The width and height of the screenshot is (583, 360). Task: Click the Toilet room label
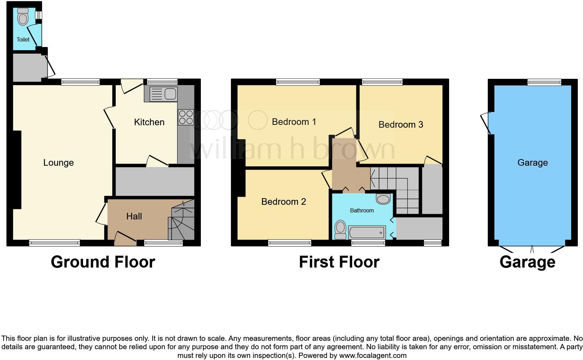pyautogui.click(x=23, y=39)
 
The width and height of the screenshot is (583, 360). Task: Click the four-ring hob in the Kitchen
pyautogui.click(x=186, y=117)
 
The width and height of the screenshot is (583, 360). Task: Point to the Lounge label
pyautogui.click(x=58, y=163)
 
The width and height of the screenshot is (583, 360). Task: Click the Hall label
pyautogui.click(x=134, y=216)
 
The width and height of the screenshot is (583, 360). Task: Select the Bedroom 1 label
pyautogui.click(x=294, y=122)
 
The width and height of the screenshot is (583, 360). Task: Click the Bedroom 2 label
pyautogui.click(x=283, y=202)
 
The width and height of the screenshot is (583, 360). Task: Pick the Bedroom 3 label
pyautogui.click(x=401, y=125)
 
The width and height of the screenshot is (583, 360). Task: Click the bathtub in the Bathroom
pyautogui.click(x=366, y=232)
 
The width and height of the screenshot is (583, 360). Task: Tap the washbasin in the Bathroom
pyautogui.click(x=383, y=199)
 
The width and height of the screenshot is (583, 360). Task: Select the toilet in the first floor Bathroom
pyautogui.click(x=340, y=230)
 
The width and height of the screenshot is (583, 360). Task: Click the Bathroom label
pyautogui.click(x=362, y=210)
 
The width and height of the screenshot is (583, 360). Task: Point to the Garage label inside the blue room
pyautogui.click(x=532, y=163)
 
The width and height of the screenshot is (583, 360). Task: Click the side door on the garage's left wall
pyautogui.click(x=486, y=123)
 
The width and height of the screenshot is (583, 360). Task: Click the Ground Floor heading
pyautogui.click(x=103, y=262)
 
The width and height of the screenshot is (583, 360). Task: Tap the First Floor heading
pyautogui.click(x=339, y=262)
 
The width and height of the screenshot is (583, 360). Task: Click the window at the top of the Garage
pyautogui.click(x=544, y=82)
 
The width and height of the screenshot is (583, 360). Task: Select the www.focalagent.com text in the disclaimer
pyautogui.click(x=373, y=355)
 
